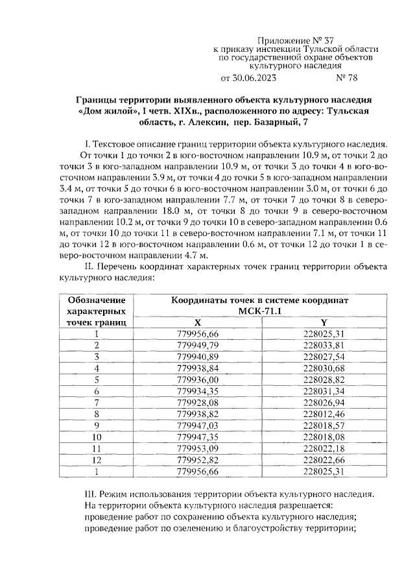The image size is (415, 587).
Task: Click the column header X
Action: click(198, 322)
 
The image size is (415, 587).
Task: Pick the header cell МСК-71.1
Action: click(259, 311)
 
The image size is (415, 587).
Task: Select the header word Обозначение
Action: click(96, 300)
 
